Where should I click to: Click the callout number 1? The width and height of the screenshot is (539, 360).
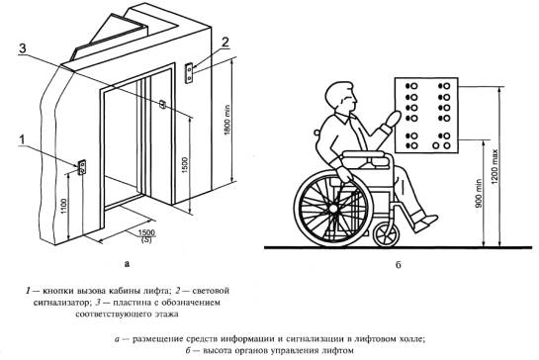coord(22,140)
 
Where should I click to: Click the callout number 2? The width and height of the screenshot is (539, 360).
coord(225,43)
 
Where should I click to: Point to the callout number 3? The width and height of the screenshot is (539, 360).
coord(23,48)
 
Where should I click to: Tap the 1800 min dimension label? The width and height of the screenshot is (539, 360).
coord(226,120)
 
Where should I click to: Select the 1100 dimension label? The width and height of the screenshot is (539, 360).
coord(63,206)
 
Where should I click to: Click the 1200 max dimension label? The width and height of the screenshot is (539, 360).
coord(494,166)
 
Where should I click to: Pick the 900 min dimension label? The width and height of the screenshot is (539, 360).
coord(479,194)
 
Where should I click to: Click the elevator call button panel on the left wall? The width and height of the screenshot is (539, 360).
coord(82,167)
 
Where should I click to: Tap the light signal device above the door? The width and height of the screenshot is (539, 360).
coord(189,73)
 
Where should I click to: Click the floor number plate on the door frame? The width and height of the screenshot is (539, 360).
coord(163,104)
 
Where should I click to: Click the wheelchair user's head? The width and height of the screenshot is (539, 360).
coord(339,96)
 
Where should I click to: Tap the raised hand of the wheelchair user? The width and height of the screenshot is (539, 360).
coord(393,118)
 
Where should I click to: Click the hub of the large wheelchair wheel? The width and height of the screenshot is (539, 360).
coord(332,208)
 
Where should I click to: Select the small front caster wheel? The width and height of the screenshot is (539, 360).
coord(386,234)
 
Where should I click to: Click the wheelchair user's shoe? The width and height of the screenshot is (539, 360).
coord(425,223)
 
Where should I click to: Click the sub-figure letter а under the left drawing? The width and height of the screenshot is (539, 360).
coord(128,264)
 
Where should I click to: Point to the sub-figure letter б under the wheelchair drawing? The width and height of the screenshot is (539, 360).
coord(398,264)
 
